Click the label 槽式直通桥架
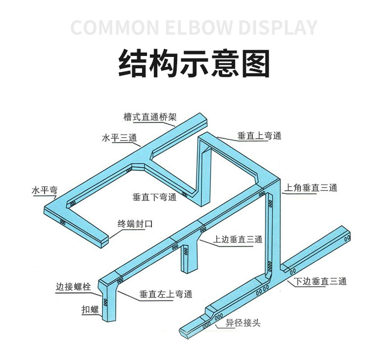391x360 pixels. (x=150, y=117)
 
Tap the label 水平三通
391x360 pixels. (x=119, y=138)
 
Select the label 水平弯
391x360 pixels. (x=45, y=190)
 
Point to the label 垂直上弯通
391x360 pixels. (x=259, y=136)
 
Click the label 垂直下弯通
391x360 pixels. (x=154, y=197)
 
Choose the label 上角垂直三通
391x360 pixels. (x=311, y=188)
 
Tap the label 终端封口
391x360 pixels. (x=135, y=224)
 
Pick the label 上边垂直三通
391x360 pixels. (x=238, y=239)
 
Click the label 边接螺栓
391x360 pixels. (x=73, y=287)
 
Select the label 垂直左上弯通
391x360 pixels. (x=166, y=294)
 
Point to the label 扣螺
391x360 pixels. (x=90, y=309)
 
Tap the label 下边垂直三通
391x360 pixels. (x=320, y=281)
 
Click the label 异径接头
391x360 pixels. (x=243, y=323)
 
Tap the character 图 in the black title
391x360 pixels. (x=256, y=63)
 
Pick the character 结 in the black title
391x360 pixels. (x=133, y=63)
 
